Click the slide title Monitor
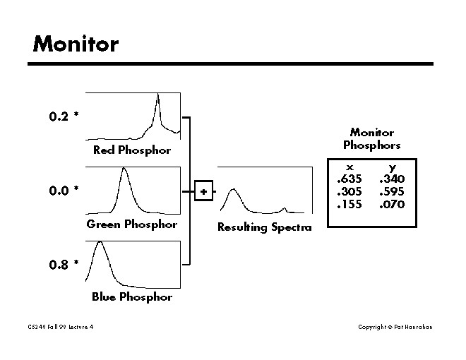pyautogui.click(x=76, y=44)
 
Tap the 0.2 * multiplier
pyautogui.click(x=64, y=116)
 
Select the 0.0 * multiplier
pyautogui.click(x=64, y=191)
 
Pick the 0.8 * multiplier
pyautogui.click(x=64, y=265)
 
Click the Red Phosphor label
pyautogui.click(x=132, y=150)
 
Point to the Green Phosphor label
pyautogui.click(x=132, y=224)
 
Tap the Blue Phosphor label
pyautogui.click(x=132, y=297)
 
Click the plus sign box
pyautogui.click(x=203, y=191)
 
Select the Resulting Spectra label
pyautogui.click(x=264, y=227)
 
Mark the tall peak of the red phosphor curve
pyautogui.click(x=157, y=95)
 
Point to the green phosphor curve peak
pyautogui.click(x=124, y=169)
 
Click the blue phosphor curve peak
pyautogui.click(x=100, y=243)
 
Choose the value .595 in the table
pyautogui.click(x=392, y=192)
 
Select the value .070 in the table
pyautogui.click(x=392, y=205)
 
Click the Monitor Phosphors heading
pyautogui.click(x=372, y=139)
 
